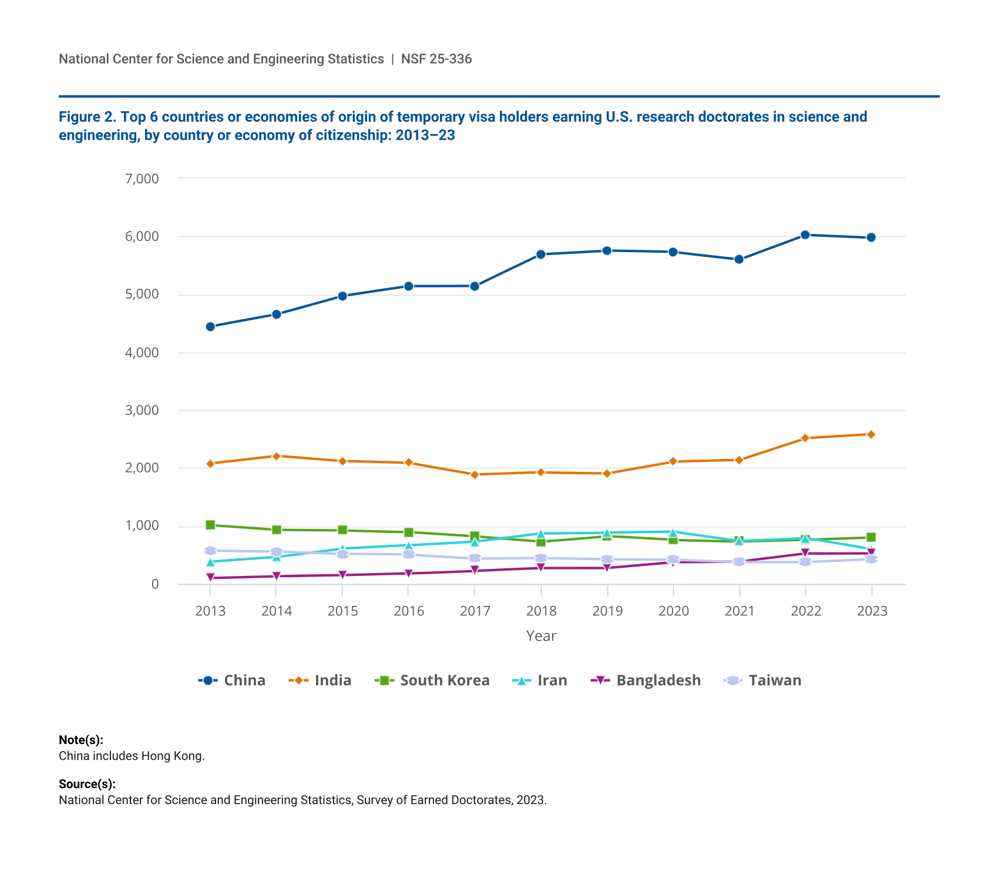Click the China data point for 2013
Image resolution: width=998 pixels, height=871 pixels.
[x=210, y=327]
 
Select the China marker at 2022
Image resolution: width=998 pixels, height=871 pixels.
[x=805, y=235]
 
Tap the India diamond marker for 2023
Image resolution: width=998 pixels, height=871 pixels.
[x=871, y=434]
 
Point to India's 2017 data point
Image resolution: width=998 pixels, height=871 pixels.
[x=475, y=474]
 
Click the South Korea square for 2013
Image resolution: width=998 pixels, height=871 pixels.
[x=210, y=525]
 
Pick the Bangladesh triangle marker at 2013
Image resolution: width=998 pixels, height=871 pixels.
[x=210, y=578]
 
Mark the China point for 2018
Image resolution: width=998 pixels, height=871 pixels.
[x=541, y=254]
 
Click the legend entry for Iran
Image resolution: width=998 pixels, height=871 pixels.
[x=540, y=681]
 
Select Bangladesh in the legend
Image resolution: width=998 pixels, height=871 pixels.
[x=646, y=681]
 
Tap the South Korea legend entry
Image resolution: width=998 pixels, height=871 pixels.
[x=432, y=681]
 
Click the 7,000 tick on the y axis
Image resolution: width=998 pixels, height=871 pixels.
[x=142, y=179]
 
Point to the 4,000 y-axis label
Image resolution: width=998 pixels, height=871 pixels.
[x=142, y=353]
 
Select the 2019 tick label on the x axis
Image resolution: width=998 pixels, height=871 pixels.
[x=607, y=611]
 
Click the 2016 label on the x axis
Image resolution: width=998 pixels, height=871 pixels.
[x=409, y=611]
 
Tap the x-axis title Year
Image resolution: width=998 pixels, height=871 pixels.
[x=541, y=636]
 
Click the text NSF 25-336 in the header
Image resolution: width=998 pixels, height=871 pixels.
[x=436, y=59]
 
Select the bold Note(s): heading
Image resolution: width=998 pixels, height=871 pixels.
[x=81, y=740]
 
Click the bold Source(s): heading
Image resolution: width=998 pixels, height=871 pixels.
[x=87, y=784]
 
